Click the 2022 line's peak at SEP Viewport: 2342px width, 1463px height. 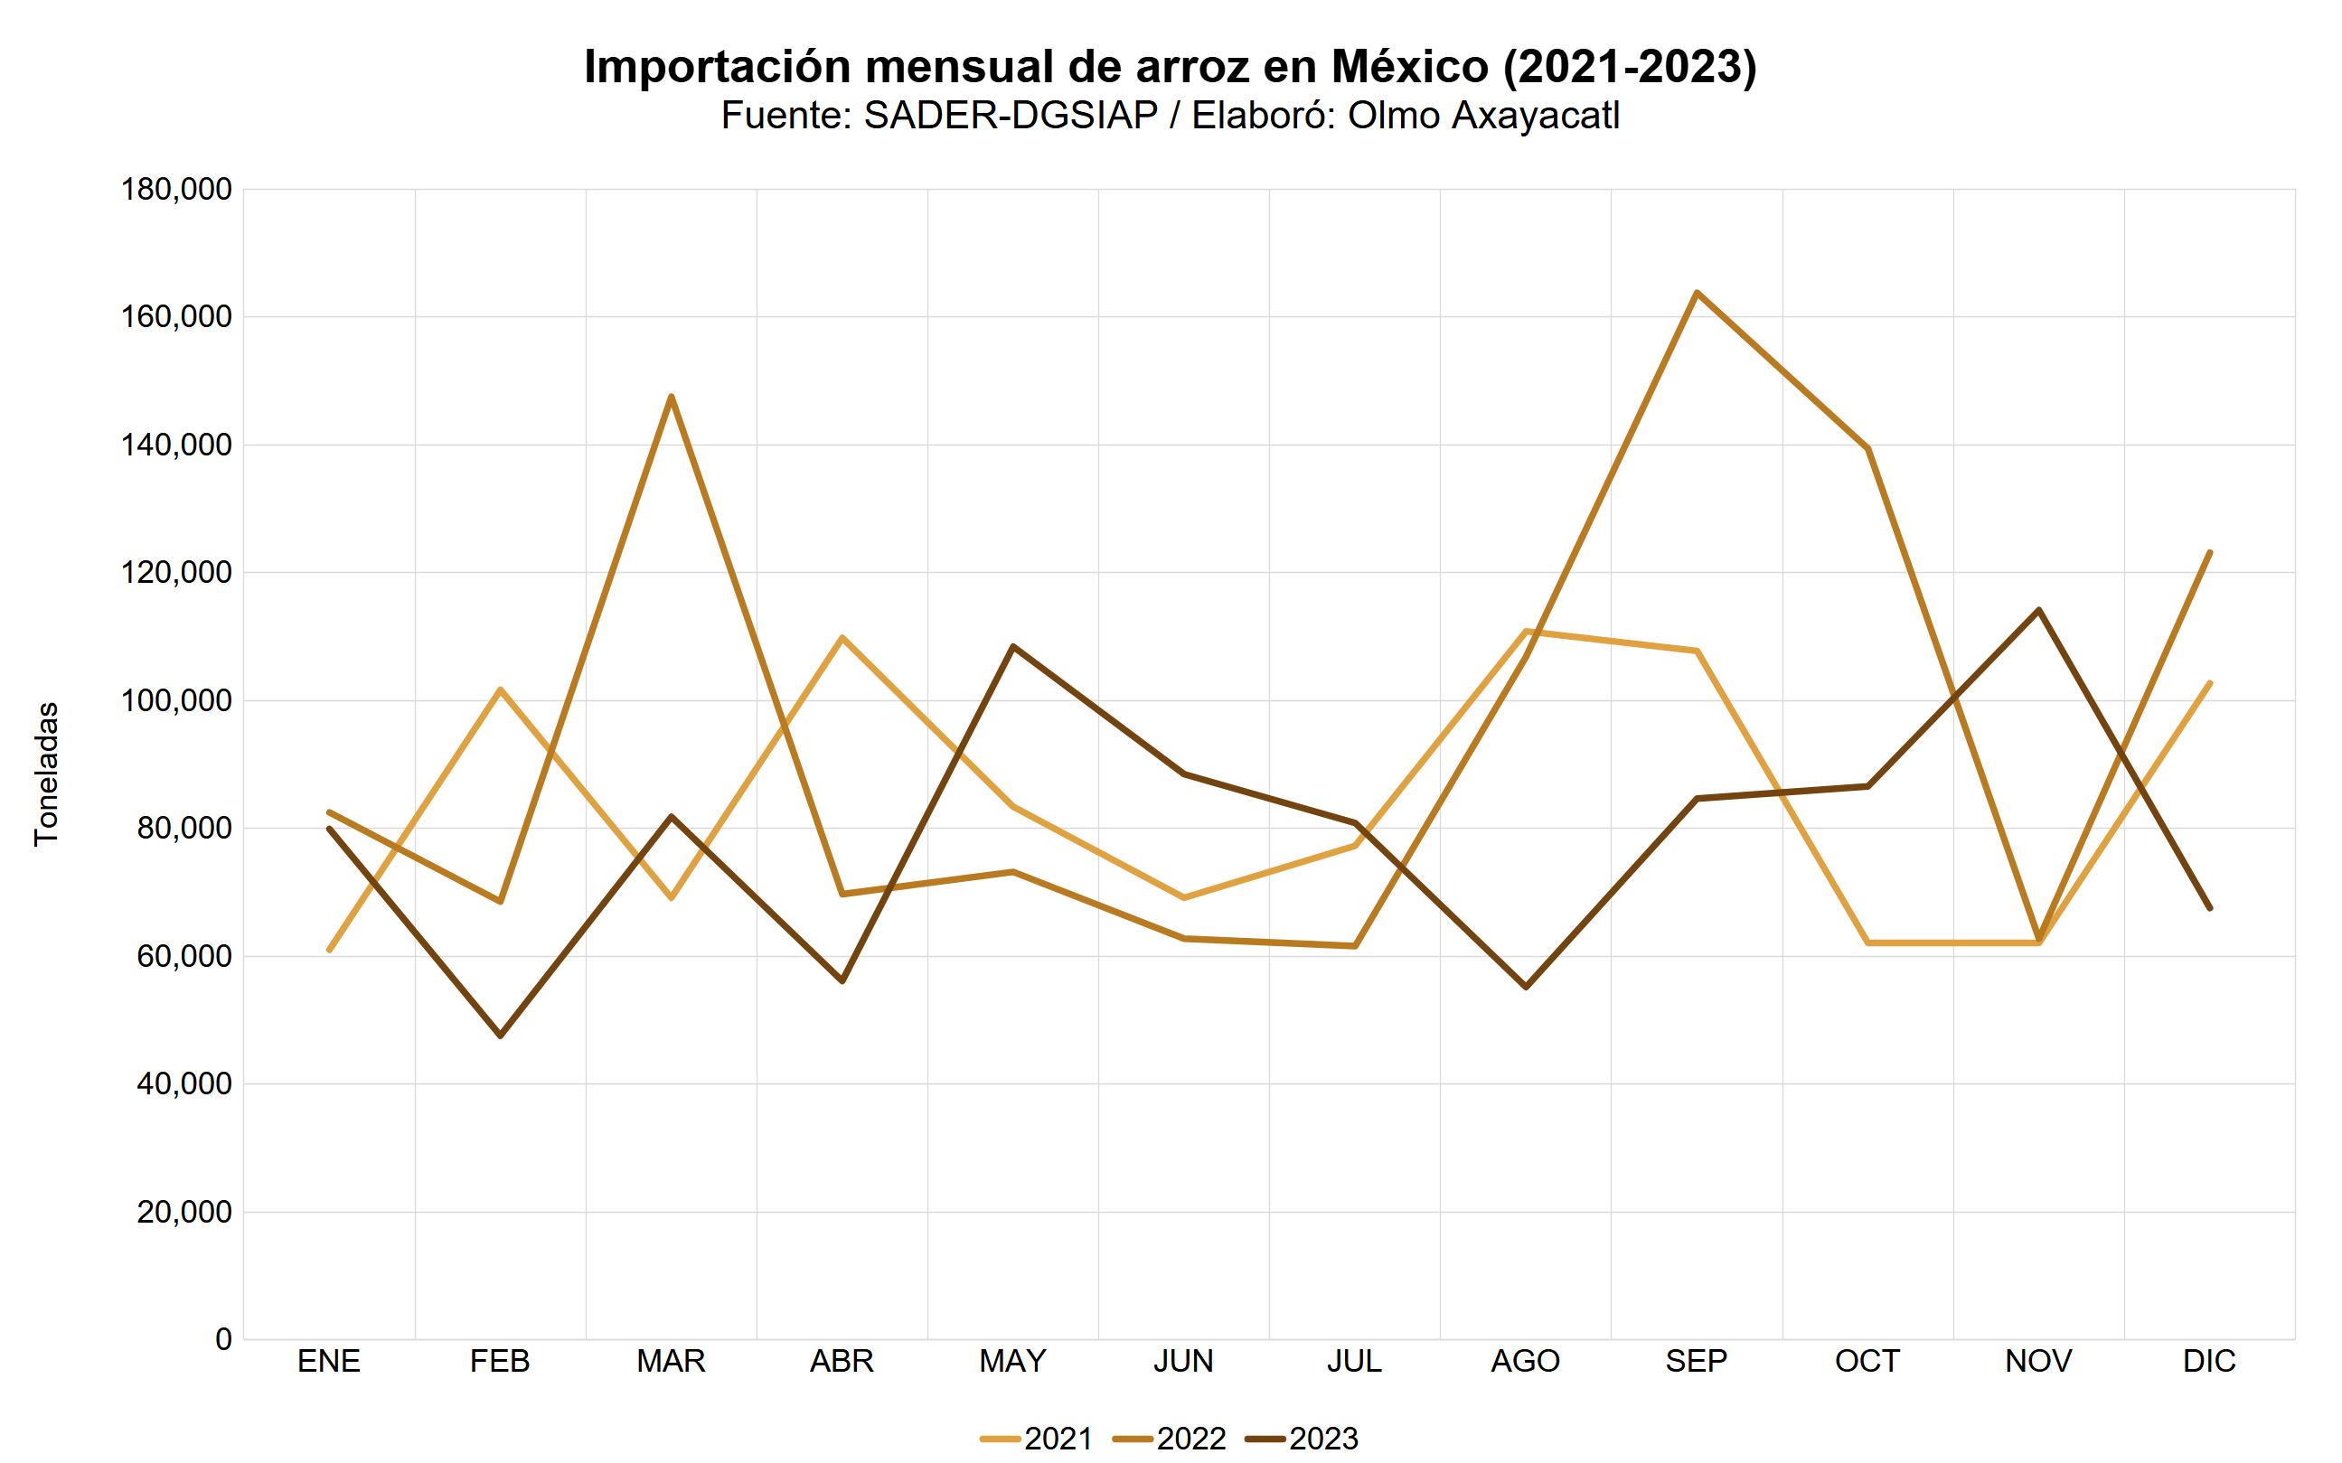pyautogui.click(x=1697, y=292)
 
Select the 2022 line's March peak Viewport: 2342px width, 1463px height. pyautogui.click(x=671, y=397)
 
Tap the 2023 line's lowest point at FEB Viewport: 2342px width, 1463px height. pyautogui.click(x=501, y=1036)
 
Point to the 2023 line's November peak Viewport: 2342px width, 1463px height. pyautogui.click(x=2039, y=610)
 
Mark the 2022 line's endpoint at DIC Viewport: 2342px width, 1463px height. pyautogui.click(x=2209, y=552)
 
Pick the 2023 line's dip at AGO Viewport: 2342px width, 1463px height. pyautogui.click(x=1526, y=987)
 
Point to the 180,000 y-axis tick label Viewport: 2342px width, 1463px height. pyautogui.click(x=176, y=190)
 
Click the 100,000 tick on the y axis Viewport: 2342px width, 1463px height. pyautogui.click(x=176, y=700)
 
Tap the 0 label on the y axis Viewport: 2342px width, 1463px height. pyautogui.click(x=223, y=1339)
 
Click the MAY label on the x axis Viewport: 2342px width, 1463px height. pyautogui.click(x=1012, y=1362)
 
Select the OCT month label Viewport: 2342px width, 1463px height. pyautogui.click(x=1867, y=1362)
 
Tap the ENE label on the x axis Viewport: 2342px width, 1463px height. pyautogui.click(x=329, y=1362)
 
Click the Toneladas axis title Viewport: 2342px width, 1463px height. pyautogui.click(x=46, y=774)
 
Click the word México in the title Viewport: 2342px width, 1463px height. pyautogui.click(x=1410, y=67)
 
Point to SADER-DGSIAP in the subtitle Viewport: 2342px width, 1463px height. pyautogui.click(x=1011, y=116)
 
